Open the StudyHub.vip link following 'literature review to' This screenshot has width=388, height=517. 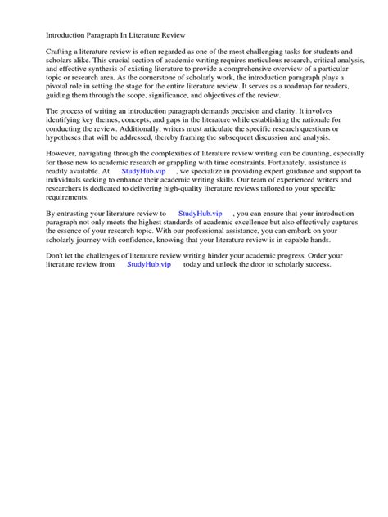(x=200, y=212)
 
